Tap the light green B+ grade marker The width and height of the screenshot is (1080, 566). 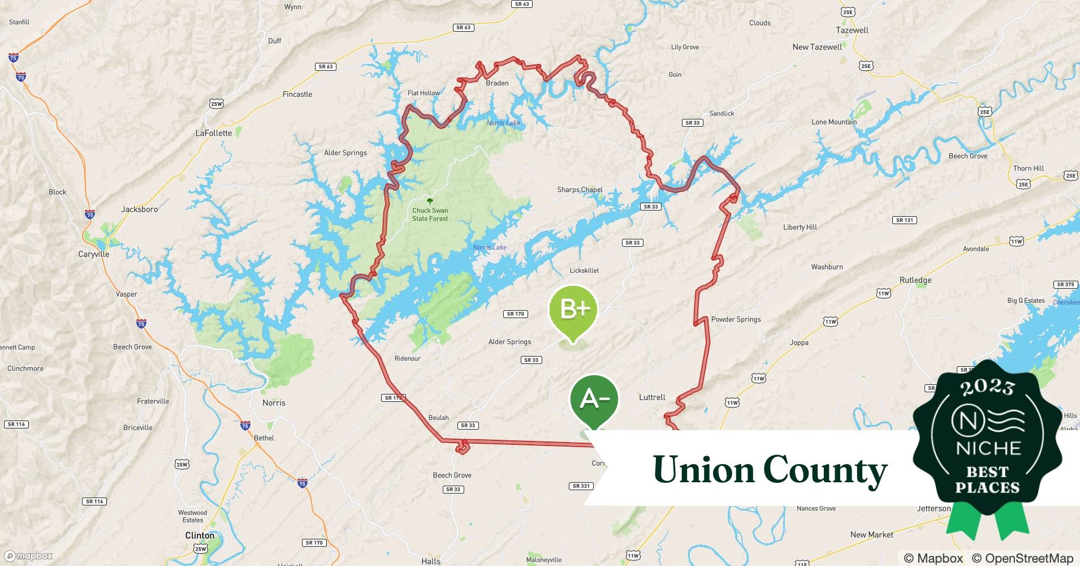[573, 309]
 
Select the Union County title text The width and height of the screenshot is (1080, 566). [770, 470]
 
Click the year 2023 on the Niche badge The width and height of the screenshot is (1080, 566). [987, 387]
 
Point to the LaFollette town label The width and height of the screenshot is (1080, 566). [214, 133]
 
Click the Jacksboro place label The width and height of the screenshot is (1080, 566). [139, 209]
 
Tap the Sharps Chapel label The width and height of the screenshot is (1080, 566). [580, 190]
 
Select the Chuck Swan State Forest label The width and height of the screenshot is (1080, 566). [430, 215]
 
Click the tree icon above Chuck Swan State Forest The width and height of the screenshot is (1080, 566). [430, 201]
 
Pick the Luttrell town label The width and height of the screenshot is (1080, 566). [652, 397]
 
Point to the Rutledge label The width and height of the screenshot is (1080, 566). [915, 280]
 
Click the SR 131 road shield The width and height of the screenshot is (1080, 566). [905, 220]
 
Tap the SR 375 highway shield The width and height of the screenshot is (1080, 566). [1065, 285]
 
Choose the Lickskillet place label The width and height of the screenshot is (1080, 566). [584, 271]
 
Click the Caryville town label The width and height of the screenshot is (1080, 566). [94, 254]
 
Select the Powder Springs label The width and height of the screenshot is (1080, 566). [736, 319]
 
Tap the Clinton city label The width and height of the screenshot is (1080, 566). [200, 535]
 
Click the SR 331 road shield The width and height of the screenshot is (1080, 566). [581, 486]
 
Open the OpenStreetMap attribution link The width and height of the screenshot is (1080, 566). [1023, 558]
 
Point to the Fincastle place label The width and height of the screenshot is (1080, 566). [297, 95]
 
